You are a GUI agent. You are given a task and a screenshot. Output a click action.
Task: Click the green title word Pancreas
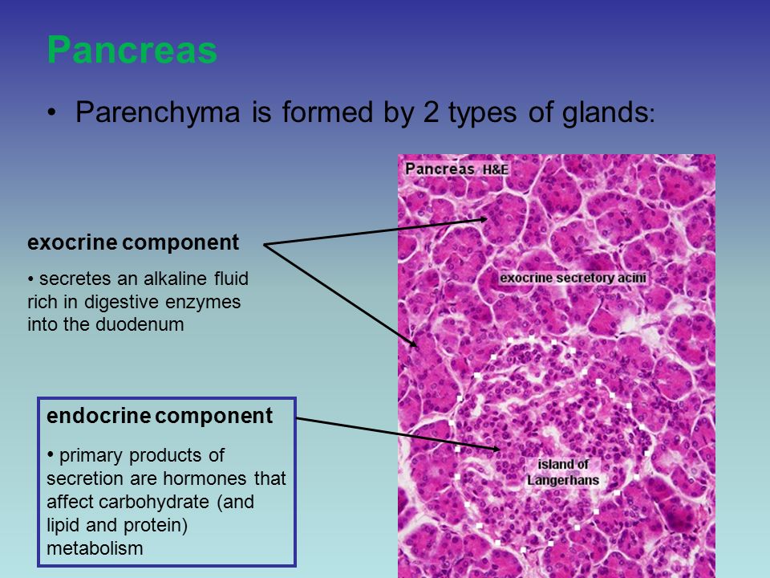pyautogui.click(x=132, y=50)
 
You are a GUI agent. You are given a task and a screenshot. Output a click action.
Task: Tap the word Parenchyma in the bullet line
pyautogui.click(x=157, y=112)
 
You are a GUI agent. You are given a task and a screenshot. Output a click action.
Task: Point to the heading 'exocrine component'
pyautogui.click(x=133, y=242)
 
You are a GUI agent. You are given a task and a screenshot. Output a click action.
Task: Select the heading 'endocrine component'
pyautogui.click(x=160, y=416)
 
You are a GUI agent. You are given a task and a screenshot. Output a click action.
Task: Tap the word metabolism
pyautogui.click(x=95, y=548)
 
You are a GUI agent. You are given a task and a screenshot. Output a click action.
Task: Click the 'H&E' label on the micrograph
pyautogui.click(x=495, y=170)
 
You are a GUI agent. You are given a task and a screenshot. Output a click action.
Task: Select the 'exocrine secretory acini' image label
pyautogui.click(x=573, y=278)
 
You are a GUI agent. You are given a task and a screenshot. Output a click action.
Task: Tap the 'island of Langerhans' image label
pyautogui.click(x=563, y=472)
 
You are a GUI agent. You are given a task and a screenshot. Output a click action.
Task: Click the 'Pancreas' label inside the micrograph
pyautogui.click(x=440, y=169)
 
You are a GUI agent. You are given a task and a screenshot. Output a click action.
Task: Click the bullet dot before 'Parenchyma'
pyautogui.click(x=51, y=113)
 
